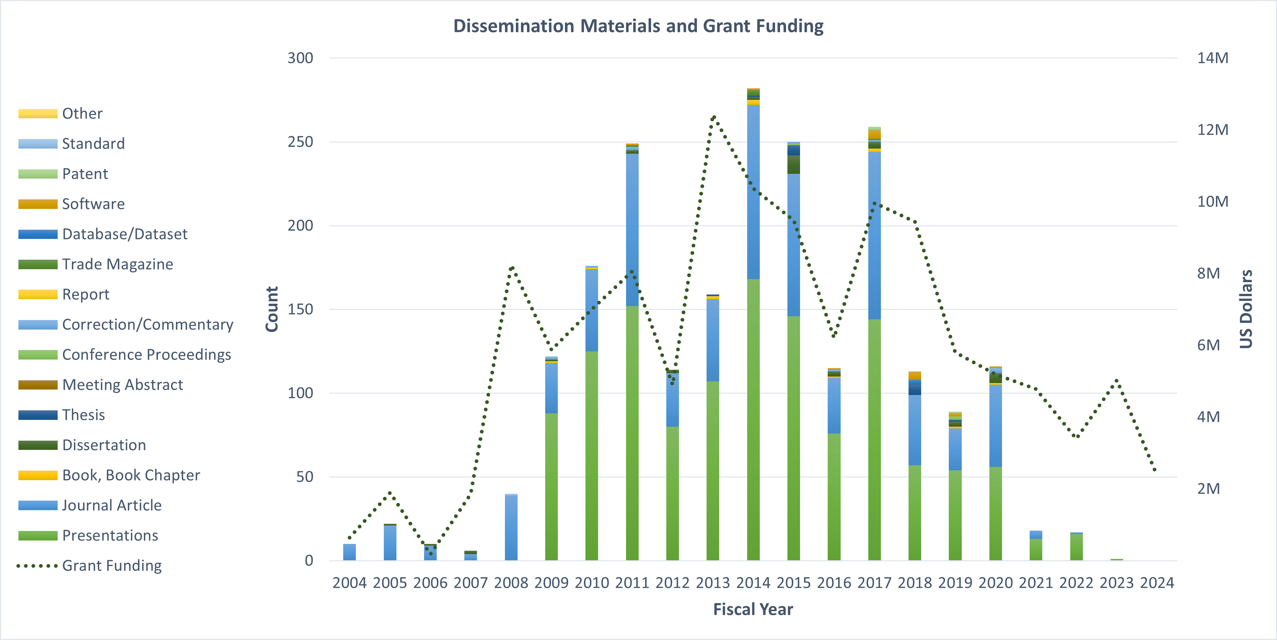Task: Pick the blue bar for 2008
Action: [511, 528]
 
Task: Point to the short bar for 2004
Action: [349, 552]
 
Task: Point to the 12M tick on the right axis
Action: [1213, 130]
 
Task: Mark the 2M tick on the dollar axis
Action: [1208, 488]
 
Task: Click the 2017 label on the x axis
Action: [874, 582]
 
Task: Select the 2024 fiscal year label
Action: [1157, 582]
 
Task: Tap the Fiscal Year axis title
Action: [753, 609]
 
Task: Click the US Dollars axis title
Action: [1246, 309]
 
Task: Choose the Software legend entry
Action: [93, 203]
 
